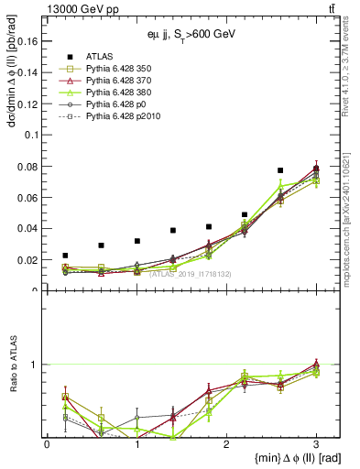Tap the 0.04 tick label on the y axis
coord(29,228)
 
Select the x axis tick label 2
coord(226,445)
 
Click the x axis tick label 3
coord(316,445)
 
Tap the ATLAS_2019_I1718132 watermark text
coord(190,274)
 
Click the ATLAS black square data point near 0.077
coord(280,170)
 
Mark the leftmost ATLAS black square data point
coord(65,256)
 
